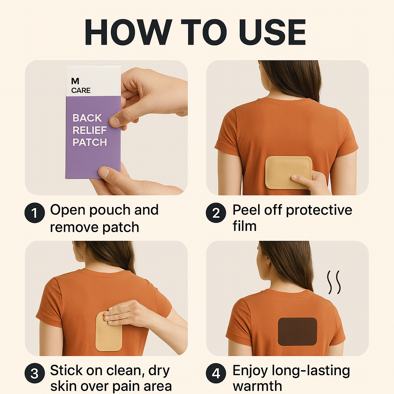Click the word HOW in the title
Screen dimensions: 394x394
click(x=129, y=32)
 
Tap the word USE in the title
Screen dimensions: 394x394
click(x=272, y=32)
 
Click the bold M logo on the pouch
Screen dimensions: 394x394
click(x=75, y=81)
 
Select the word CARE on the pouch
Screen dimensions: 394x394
click(x=81, y=90)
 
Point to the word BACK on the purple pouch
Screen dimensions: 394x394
click(x=87, y=118)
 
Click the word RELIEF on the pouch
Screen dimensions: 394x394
click(x=90, y=130)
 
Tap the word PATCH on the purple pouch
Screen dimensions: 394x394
click(x=90, y=142)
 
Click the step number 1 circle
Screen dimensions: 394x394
click(x=35, y=213)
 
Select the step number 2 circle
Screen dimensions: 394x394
click(x=216, y=213)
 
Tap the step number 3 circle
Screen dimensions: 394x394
click(x=35, y=373)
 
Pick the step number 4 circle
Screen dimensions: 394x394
click(x=216, y=373)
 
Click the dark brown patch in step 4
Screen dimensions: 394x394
click(x=297, y=332)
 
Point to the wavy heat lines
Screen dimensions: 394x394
click(x=334, y=282)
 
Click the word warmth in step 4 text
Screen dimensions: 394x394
click(x=257, y=386)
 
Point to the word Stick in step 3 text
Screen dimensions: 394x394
click(x=66, y=371)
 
